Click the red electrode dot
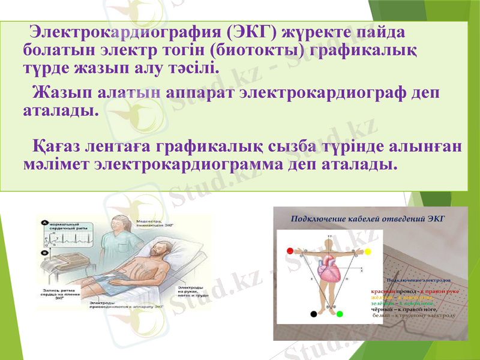pyautogui.click(x=290, y=251)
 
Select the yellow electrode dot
pyautogui.click(x=368, y=251)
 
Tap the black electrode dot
pyautogui.click(x=313, y=314)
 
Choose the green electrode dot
pyautogui.click(x=340, y=314)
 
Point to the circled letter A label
pyautogui.click(x=44, y=223)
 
